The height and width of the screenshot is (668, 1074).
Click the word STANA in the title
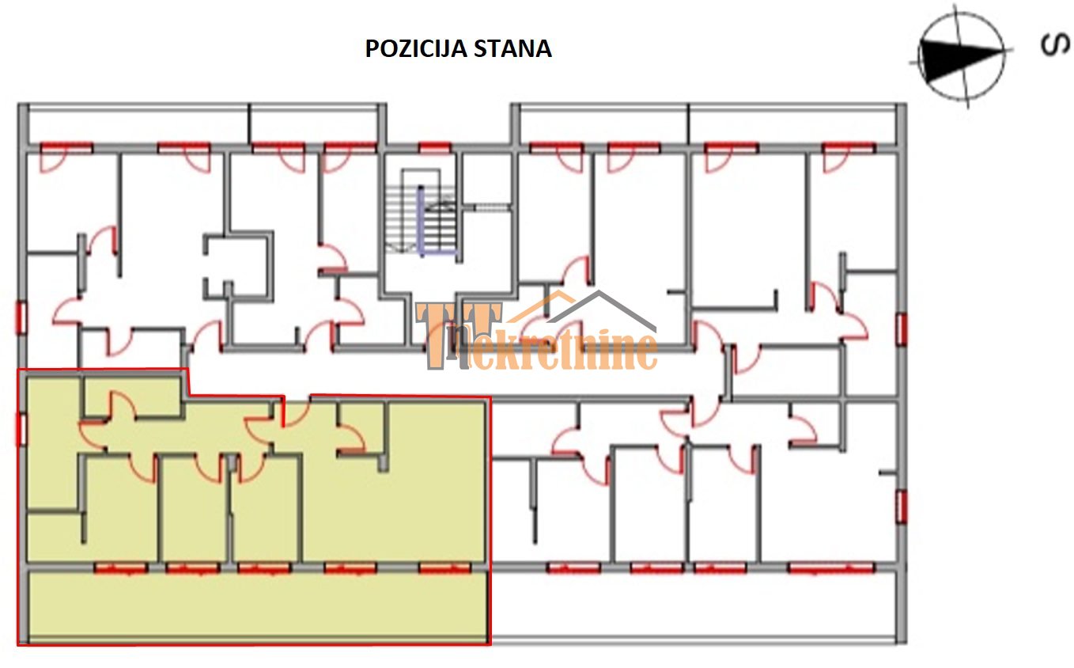[x=512, y=48]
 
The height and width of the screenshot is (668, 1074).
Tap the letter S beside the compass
[x=1055, y=45]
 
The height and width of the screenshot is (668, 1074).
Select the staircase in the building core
[x=421, y=218]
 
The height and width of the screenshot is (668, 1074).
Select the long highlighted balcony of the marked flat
[x=258, y=607]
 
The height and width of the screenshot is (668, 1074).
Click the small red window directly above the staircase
[x=434, y=147]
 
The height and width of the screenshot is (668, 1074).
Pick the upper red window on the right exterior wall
[x=902, y=329]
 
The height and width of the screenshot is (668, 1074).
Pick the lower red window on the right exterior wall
[x=902, y=507]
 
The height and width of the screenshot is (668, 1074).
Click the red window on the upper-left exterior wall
[x=22, y=317]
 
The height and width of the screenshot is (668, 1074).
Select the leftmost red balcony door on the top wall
[x=66, y=148]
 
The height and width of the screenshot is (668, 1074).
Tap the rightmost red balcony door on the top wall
[x=849, y=148]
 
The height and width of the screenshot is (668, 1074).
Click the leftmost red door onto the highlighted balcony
[x=121, y=568]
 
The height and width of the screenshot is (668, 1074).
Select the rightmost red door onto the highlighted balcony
[x=445, y=568]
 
